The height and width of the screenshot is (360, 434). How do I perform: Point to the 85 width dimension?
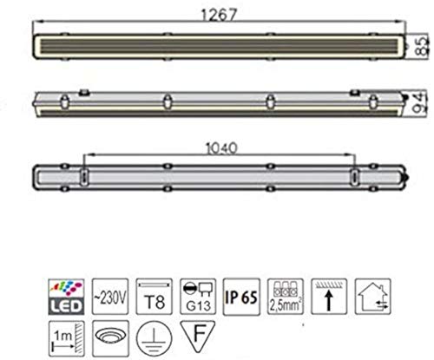point(426,43)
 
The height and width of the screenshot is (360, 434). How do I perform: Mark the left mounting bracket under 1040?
point(84,176)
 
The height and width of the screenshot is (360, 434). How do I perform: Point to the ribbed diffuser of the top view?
point(217,43)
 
